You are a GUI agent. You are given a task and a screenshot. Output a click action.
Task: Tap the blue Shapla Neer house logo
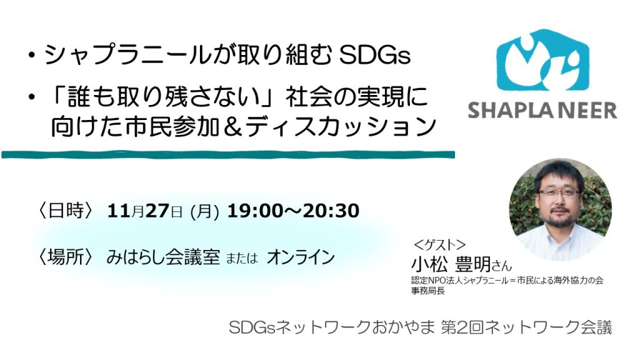click(542, 60)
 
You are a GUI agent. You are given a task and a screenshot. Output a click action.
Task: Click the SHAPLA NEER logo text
click(542, 111)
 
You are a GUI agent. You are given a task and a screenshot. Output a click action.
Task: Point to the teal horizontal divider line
click(228, 154)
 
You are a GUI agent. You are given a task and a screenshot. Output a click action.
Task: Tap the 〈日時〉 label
click(66, 211)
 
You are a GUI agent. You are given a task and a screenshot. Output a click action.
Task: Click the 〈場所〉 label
click(66, 257)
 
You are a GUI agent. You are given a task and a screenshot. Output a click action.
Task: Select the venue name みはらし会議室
click(163, 257)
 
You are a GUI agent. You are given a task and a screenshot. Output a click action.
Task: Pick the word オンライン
click(301, 257)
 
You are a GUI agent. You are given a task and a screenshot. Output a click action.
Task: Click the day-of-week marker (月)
click(205, 212)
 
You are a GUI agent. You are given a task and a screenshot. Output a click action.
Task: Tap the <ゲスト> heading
click(439, 244)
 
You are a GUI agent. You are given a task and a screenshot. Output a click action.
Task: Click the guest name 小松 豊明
click(451, 264)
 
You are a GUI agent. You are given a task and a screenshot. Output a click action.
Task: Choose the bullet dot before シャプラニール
click(31, 56)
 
